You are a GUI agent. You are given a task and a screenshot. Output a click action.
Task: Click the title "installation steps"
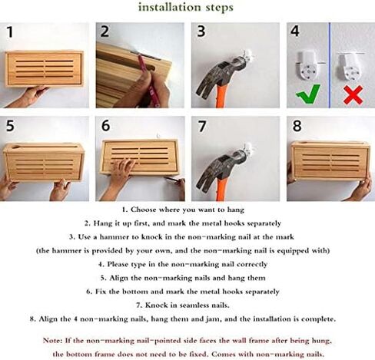[x=186, y=7]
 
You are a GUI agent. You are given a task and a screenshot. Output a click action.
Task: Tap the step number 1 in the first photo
[x=10, y=32]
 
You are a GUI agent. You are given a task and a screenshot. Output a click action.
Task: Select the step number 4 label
[x=295, y=31]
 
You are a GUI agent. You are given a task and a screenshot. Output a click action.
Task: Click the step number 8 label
[x=297, y=126]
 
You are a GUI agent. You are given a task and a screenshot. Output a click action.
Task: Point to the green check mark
[x=308, y=94]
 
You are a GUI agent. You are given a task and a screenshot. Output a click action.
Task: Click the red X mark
[x=353, y=94]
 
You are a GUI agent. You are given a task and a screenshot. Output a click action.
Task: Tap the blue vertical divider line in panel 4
[x=330, y=65]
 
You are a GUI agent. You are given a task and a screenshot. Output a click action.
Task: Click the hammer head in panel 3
[x=217, y=77]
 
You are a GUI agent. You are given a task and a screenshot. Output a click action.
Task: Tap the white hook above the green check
[x=307, y=66]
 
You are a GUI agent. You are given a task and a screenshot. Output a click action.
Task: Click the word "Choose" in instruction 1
[x=143, y=210]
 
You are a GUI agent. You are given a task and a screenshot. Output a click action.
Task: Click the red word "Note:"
[x=52, y=341]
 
